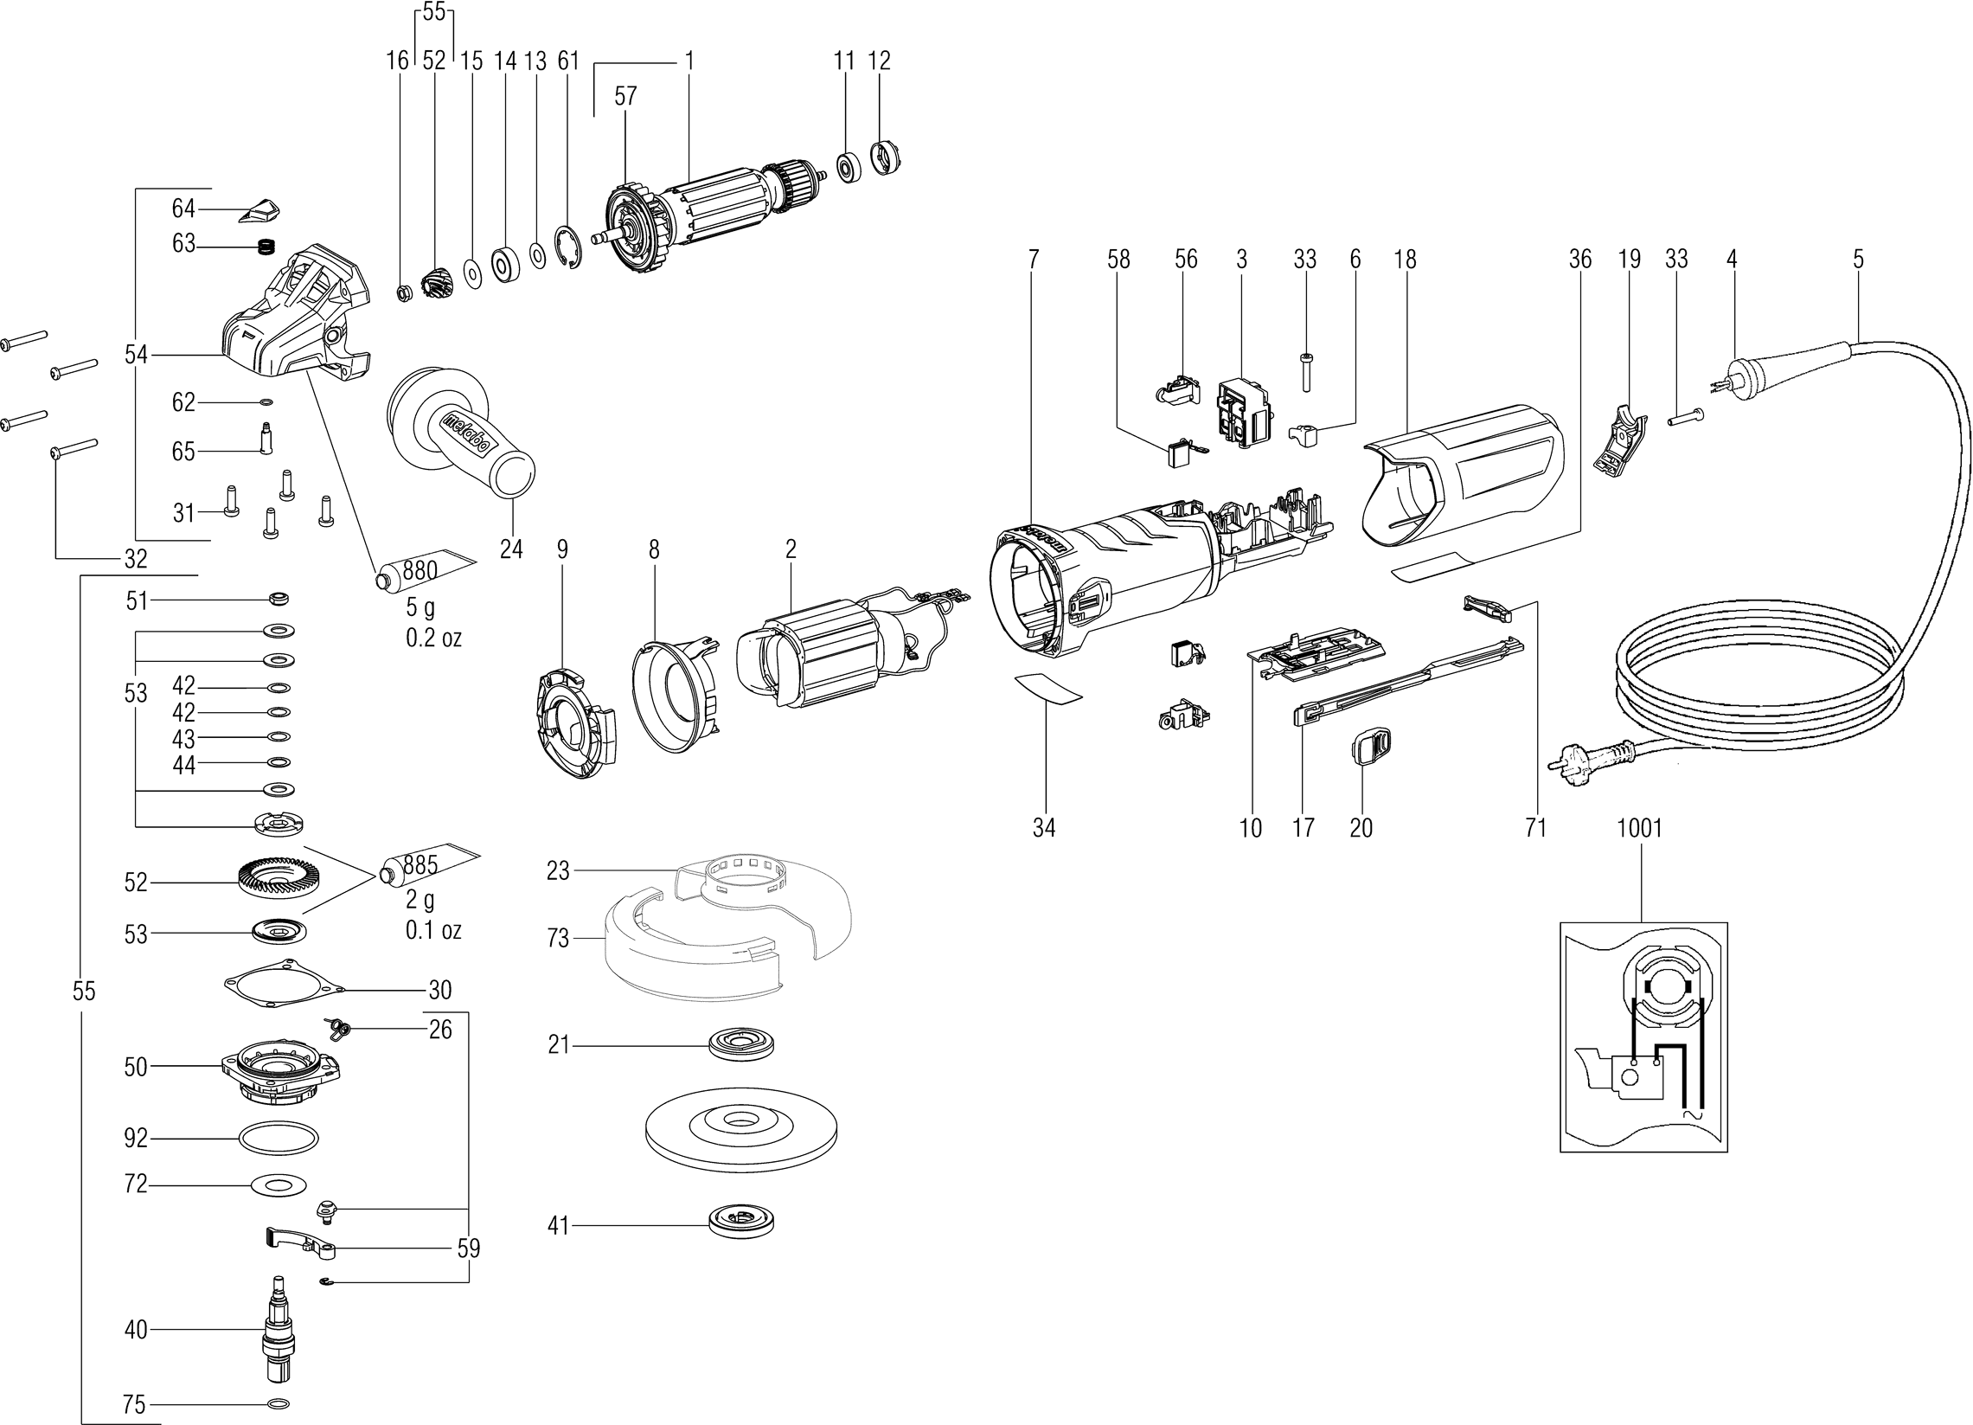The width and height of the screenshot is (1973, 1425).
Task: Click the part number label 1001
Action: coord(1639,827)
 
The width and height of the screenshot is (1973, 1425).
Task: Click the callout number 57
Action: coord(625,97)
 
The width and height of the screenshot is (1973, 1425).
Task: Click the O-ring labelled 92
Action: coord(278,1137)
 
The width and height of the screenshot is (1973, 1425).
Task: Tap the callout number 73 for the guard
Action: coord(558,938)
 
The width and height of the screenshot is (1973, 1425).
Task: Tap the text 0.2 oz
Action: coord(433,638)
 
